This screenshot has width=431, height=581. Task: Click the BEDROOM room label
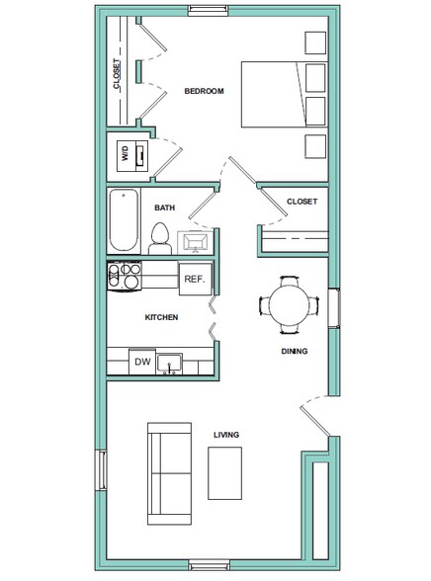(204, 91)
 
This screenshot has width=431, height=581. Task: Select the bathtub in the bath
(124, 219)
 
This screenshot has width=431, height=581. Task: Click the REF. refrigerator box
(194, 278)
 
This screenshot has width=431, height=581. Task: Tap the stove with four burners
(125, 276)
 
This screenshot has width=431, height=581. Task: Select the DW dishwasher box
(142, 363)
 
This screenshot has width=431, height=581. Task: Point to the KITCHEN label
(161, 317)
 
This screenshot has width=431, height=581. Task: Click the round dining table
(290, 304)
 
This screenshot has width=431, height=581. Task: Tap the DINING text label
(294, 351)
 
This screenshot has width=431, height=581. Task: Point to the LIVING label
(226, 434)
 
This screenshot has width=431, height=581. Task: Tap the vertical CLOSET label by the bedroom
(117, 73)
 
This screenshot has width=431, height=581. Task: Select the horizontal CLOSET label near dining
(302, 202)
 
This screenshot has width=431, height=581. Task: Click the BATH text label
(164, 207)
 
